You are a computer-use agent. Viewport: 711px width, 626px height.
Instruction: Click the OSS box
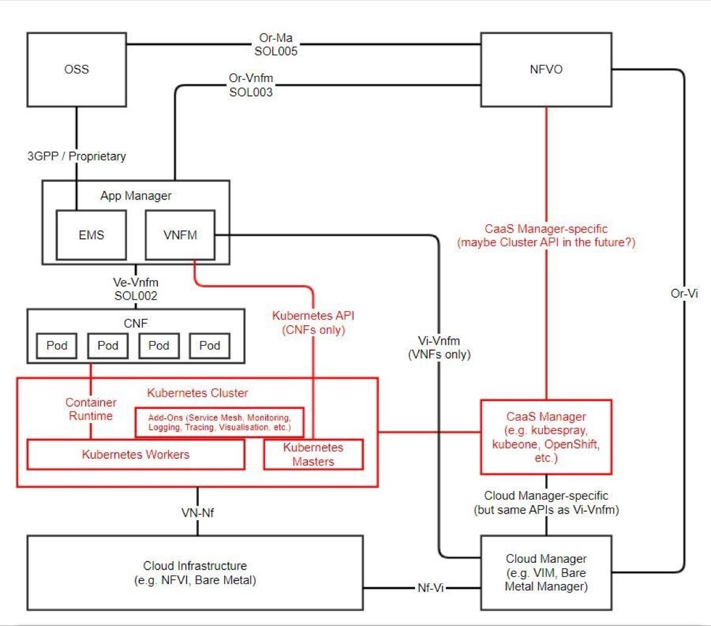[77, 69]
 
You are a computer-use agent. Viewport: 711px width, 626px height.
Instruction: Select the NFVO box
[546, 69]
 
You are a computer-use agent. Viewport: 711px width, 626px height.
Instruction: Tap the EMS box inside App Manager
[92, 235]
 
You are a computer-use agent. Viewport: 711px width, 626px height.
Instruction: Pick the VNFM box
[180, 235]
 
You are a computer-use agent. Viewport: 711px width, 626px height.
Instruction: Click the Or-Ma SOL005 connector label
[276, 44]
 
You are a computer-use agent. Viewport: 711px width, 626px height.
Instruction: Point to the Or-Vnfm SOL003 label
[250, 85]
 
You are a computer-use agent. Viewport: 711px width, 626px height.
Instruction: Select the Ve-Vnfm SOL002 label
[136, 289]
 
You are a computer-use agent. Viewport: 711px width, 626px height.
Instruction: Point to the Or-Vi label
[684, 293]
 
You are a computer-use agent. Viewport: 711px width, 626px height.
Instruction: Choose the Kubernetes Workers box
[136, 455]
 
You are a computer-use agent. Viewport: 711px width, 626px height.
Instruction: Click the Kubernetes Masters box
[313, 455]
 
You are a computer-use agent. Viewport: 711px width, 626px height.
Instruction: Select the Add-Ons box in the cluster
[219, 422]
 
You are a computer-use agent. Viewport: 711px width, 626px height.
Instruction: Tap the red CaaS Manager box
[546, 437]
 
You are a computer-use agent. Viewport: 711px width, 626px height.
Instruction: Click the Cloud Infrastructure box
[195, 573]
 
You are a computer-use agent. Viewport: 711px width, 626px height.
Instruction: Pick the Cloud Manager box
[546, 573]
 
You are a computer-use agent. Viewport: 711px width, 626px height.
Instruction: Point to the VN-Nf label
[197, 512]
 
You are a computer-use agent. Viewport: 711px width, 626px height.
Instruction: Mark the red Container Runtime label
[91, 409]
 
